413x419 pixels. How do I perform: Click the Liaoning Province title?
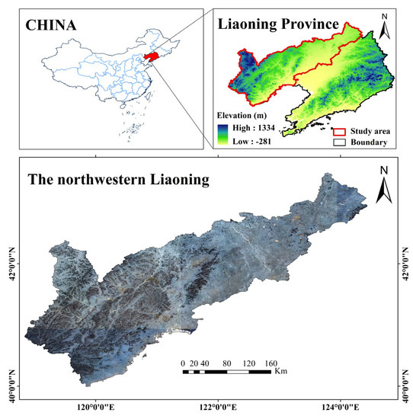coord(277,24)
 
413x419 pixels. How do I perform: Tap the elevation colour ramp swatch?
coord(222,135)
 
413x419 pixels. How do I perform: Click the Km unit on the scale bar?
coord(281,372)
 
